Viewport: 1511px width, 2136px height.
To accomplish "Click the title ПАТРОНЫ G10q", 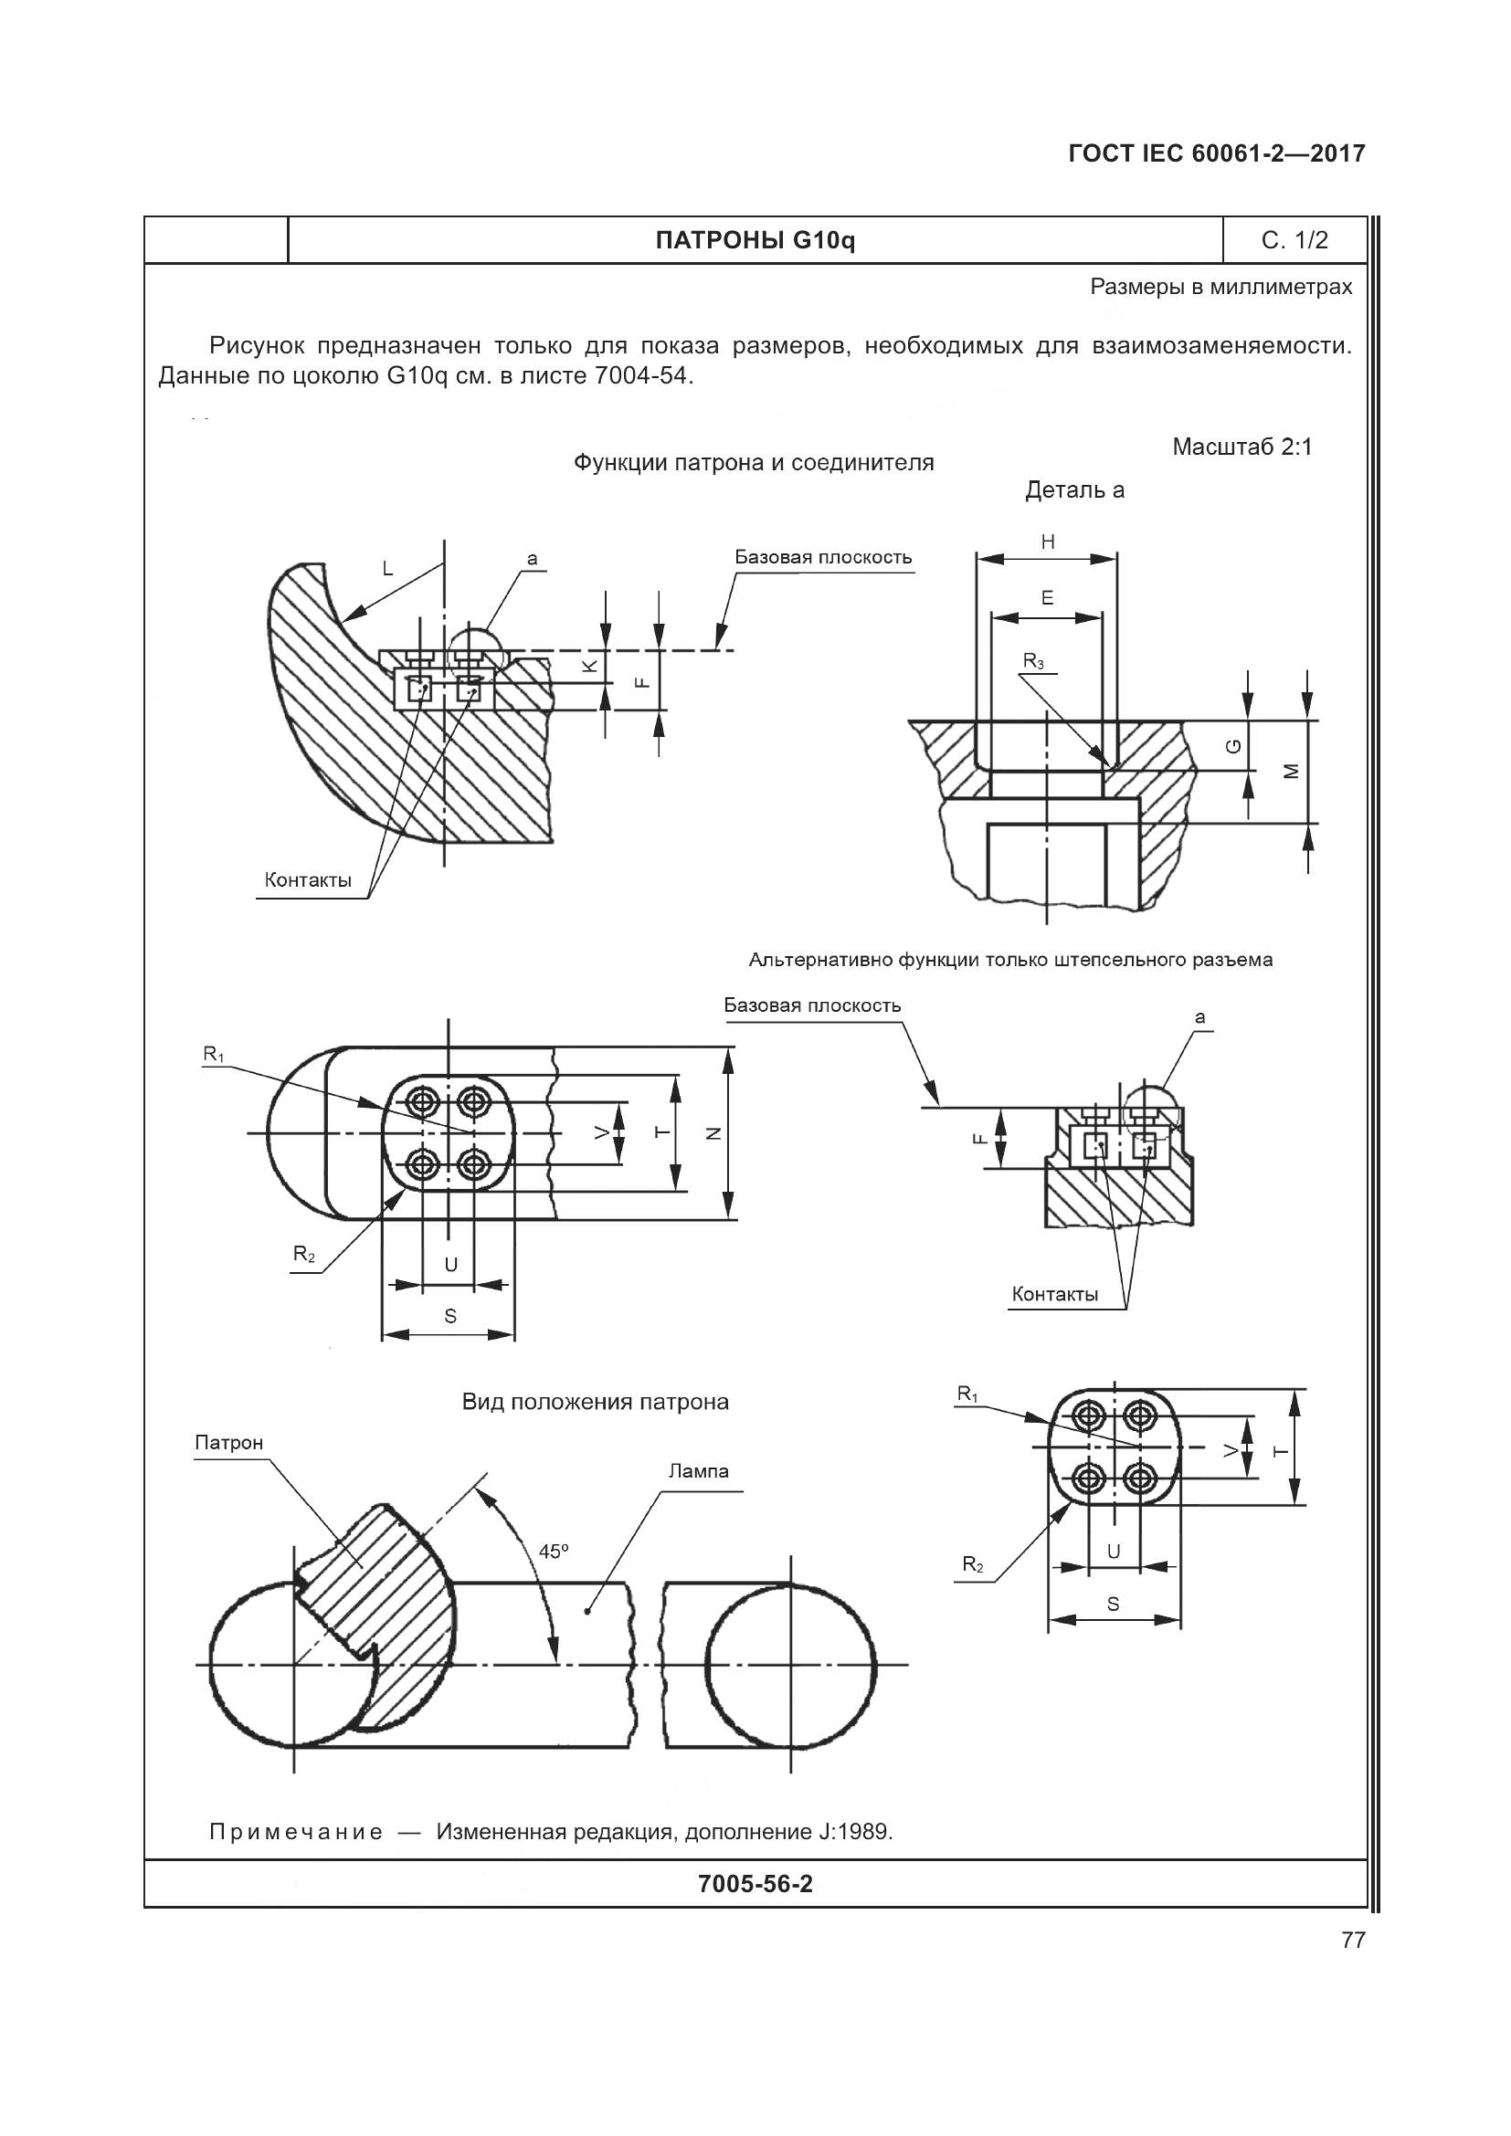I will click(x=755, y=241).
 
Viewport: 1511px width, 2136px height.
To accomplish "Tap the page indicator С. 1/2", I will click(x=1294, y=241).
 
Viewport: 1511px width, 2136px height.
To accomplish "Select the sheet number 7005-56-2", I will click(x=755, y=1884).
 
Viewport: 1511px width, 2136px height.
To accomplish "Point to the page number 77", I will click(x=1353, y=1940).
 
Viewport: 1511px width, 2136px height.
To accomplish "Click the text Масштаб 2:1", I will click(x=1242, y=447).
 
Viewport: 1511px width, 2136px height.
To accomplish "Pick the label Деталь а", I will click(x=1074, y=490).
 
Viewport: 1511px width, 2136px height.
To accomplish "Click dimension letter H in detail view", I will click(x=1048, y=542).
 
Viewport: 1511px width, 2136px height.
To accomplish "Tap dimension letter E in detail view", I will click(x=1048, y=598).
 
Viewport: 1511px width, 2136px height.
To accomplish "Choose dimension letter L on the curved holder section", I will click(x=388, y=568).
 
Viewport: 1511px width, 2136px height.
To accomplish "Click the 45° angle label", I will click(x=553, y=1551).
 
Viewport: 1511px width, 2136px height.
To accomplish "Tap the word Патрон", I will click(x=229, y=1443).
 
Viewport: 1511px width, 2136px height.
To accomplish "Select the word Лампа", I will click(x=699, y=1471).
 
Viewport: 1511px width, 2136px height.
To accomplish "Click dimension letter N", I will click(x=713, y=1132).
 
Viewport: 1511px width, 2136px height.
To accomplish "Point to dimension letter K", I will click(x=588, y=666).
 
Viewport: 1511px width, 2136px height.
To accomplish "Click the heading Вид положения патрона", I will click(x=596, y=1402).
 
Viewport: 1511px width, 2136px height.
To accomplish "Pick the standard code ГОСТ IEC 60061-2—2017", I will click(x=1217, y=153).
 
